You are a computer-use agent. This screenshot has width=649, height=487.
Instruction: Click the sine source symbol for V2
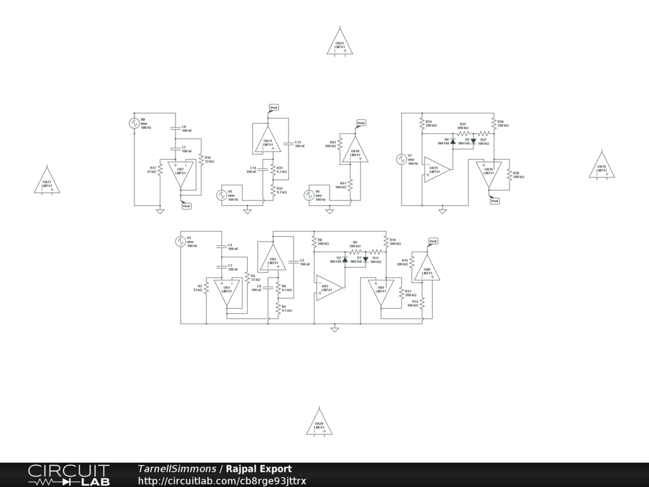(180, 242)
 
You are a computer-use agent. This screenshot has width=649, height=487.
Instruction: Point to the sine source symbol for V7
(401, 159)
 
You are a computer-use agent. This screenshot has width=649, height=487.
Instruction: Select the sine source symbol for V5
(222, 195)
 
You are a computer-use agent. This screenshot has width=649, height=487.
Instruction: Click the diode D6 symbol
(453, 141)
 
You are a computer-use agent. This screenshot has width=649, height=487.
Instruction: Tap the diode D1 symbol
(366, 259)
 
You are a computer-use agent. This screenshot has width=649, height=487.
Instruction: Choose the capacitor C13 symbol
(288, 144)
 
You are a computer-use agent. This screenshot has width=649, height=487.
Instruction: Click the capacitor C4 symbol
(221, 246)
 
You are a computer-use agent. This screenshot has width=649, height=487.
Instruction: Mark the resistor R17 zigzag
(160, 169)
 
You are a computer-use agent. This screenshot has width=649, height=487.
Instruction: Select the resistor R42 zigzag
(340, 144)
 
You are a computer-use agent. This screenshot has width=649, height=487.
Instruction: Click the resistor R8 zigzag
(314, 242)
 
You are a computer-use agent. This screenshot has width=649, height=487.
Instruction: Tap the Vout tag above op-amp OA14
(274, 108)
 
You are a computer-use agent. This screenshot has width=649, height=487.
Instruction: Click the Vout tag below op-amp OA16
(495, 200)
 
